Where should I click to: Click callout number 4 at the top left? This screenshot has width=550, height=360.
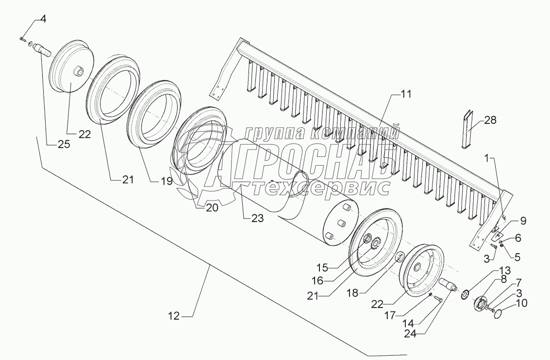(x=43, y=19)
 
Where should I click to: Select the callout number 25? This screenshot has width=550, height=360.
(x=63, y=144)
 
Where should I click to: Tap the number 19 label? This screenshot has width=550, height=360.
(x=167, y=182)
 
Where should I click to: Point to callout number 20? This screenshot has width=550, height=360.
(x=211, y=208)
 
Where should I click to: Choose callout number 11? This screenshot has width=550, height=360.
(x=405, y=95)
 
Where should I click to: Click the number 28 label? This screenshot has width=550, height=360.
(x=490, y=121)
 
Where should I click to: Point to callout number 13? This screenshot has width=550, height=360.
(x=504, y=271)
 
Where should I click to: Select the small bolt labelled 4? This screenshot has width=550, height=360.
(x=23, y=38)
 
